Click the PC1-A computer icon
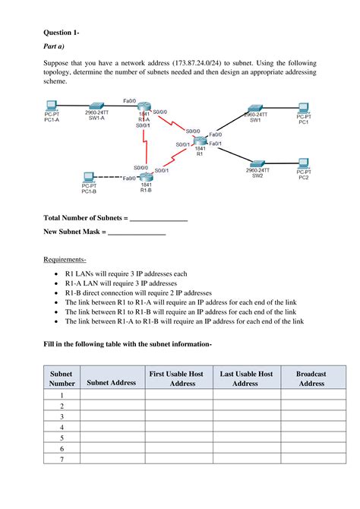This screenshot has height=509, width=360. (52, 106)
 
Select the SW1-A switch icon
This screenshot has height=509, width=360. (96, 106)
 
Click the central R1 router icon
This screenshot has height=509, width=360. (200, 141)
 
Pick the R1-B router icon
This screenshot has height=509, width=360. (146, 176)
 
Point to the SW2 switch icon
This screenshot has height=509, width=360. (257, 163)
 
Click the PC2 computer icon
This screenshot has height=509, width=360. (303, 163)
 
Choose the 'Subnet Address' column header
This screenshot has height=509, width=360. (112, 383)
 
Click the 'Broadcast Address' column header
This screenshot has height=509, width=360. (311, 378)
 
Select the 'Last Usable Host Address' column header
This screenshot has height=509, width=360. (245, 378)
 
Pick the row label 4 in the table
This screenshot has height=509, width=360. (62, 428)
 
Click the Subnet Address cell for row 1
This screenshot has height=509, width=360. (112, 396)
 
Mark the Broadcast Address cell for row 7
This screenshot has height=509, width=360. (311, 460)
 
